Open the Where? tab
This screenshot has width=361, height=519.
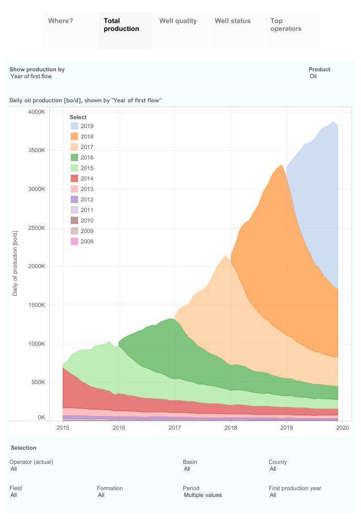70,30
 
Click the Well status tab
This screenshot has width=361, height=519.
236,30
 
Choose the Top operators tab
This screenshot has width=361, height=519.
292,30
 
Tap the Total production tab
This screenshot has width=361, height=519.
125,30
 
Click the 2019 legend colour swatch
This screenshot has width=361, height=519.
74,126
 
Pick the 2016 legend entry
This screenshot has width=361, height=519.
87,157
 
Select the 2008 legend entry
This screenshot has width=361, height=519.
87,241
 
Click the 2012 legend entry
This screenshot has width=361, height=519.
87,199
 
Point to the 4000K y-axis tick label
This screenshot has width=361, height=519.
39,112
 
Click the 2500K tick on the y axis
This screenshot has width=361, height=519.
39,228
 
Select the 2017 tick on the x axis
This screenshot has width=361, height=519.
174,428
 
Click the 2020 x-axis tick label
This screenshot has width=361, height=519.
342,428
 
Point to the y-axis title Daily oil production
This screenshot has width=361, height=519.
15,262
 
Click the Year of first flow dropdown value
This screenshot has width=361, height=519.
31,76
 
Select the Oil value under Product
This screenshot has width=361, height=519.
313,76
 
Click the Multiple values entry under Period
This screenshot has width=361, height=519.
203,495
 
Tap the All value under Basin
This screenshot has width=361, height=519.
187,469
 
